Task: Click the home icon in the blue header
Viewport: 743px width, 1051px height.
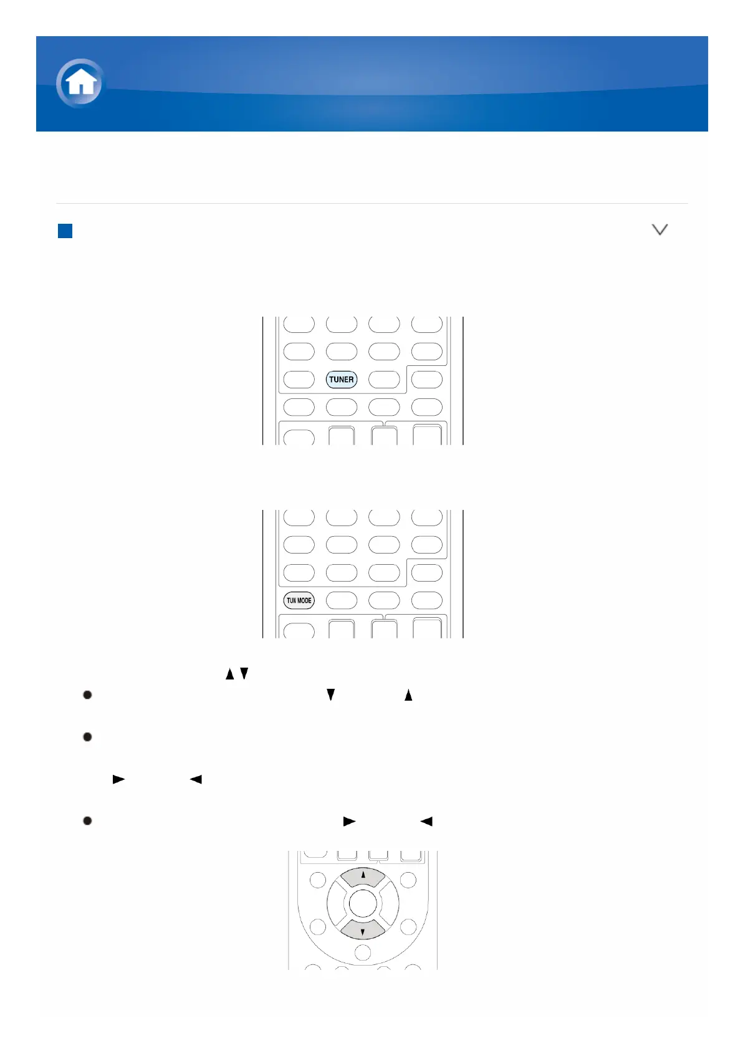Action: coord(80,83)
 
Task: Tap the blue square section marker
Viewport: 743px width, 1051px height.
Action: coord(65,231)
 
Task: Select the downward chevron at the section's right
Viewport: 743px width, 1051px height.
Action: coord(659,230)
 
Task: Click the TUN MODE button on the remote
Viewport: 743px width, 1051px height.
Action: coord(299,600)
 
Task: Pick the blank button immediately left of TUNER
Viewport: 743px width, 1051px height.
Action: coord(299,379)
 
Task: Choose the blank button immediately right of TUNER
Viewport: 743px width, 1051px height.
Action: coord(384,379)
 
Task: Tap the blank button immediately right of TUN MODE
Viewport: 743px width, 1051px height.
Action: coord(342,600)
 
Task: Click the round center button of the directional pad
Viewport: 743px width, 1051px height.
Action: coord(363,903)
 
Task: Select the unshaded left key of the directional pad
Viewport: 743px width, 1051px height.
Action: coord(337,903)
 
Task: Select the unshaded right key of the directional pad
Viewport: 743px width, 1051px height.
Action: coord(390,903)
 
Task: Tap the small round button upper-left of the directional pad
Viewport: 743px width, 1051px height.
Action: coord(318,880)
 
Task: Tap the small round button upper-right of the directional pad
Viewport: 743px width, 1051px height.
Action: coord(408,880)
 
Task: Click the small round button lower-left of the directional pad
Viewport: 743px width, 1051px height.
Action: coord(318,926)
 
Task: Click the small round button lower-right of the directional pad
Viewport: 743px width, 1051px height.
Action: coord(408,926)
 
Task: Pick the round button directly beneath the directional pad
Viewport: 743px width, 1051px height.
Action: coord(363,953)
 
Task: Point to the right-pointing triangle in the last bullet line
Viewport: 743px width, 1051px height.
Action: coord(349,821)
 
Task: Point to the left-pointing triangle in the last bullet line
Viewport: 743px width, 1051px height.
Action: coord(426,821)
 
